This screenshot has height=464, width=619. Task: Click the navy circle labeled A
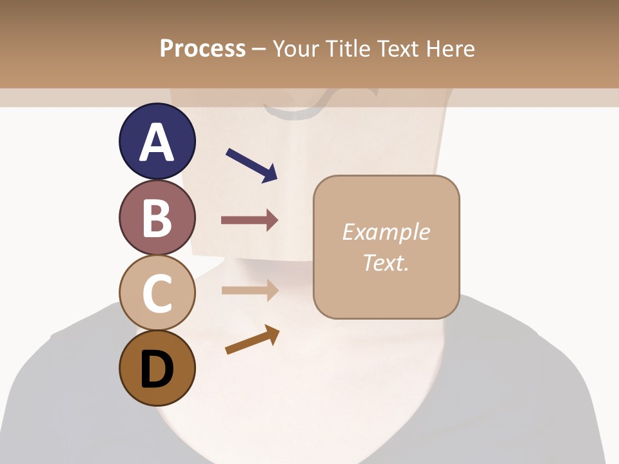(157, 141)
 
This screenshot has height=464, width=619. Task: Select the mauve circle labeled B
(157, 217)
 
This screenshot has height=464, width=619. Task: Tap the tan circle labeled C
(157, 293)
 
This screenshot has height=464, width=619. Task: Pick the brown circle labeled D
(157, 368)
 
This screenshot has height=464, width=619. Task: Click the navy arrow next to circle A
(252, 165)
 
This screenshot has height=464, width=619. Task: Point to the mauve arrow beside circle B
(250, 220)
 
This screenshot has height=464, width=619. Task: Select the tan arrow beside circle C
(250, 290)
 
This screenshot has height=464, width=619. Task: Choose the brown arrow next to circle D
(252, 340)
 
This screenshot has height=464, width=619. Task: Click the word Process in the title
(202, 49)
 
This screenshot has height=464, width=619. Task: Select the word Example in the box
(386, 232)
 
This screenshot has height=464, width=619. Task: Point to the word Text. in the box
(386, 262)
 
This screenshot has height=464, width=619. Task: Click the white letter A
(157, 142)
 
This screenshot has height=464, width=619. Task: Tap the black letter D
(157, 369)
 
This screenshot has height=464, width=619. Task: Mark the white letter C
(157, 294)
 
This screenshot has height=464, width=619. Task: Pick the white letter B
(157, 218)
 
